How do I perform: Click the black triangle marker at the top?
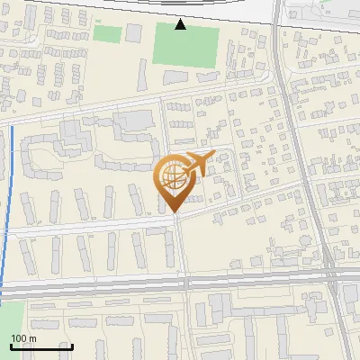[181, 24]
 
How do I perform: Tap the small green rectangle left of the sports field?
[107, 34]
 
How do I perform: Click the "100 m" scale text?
[22, 338]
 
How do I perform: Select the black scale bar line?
[40, 346]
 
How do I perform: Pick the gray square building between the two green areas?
[134, 33]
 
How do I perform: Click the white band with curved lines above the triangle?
[180, 7]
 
